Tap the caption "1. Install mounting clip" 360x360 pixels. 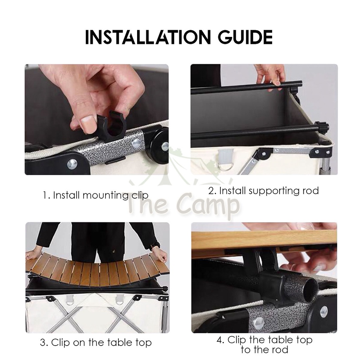pos(96,195)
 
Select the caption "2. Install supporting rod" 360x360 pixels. pos(264,191)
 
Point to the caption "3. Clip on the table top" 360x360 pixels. pos(96,342)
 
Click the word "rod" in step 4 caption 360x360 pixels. pos(280,350)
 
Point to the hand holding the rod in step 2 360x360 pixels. pos(270,77)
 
